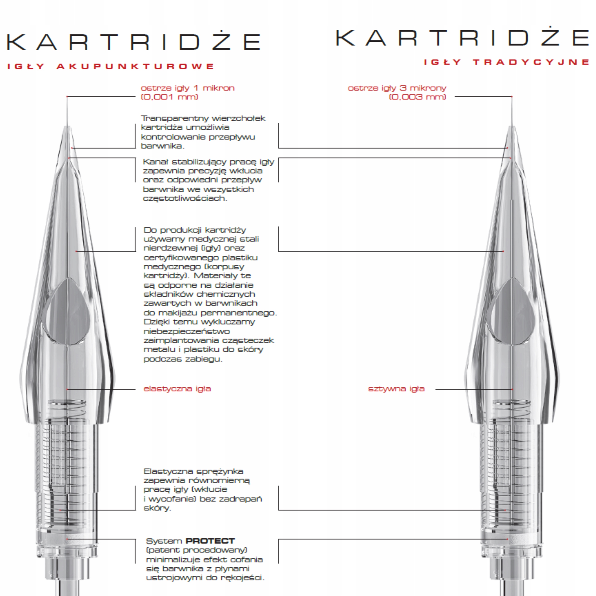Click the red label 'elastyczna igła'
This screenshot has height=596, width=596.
(177, 389)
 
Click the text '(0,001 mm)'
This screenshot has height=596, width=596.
(169, 97)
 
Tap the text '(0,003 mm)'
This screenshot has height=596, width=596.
(417, 97)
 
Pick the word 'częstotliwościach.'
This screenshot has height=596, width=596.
(185, 198)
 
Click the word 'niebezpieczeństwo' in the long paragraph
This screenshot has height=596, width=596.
(187, 331)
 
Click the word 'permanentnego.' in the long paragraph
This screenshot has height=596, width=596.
(239, 313)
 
